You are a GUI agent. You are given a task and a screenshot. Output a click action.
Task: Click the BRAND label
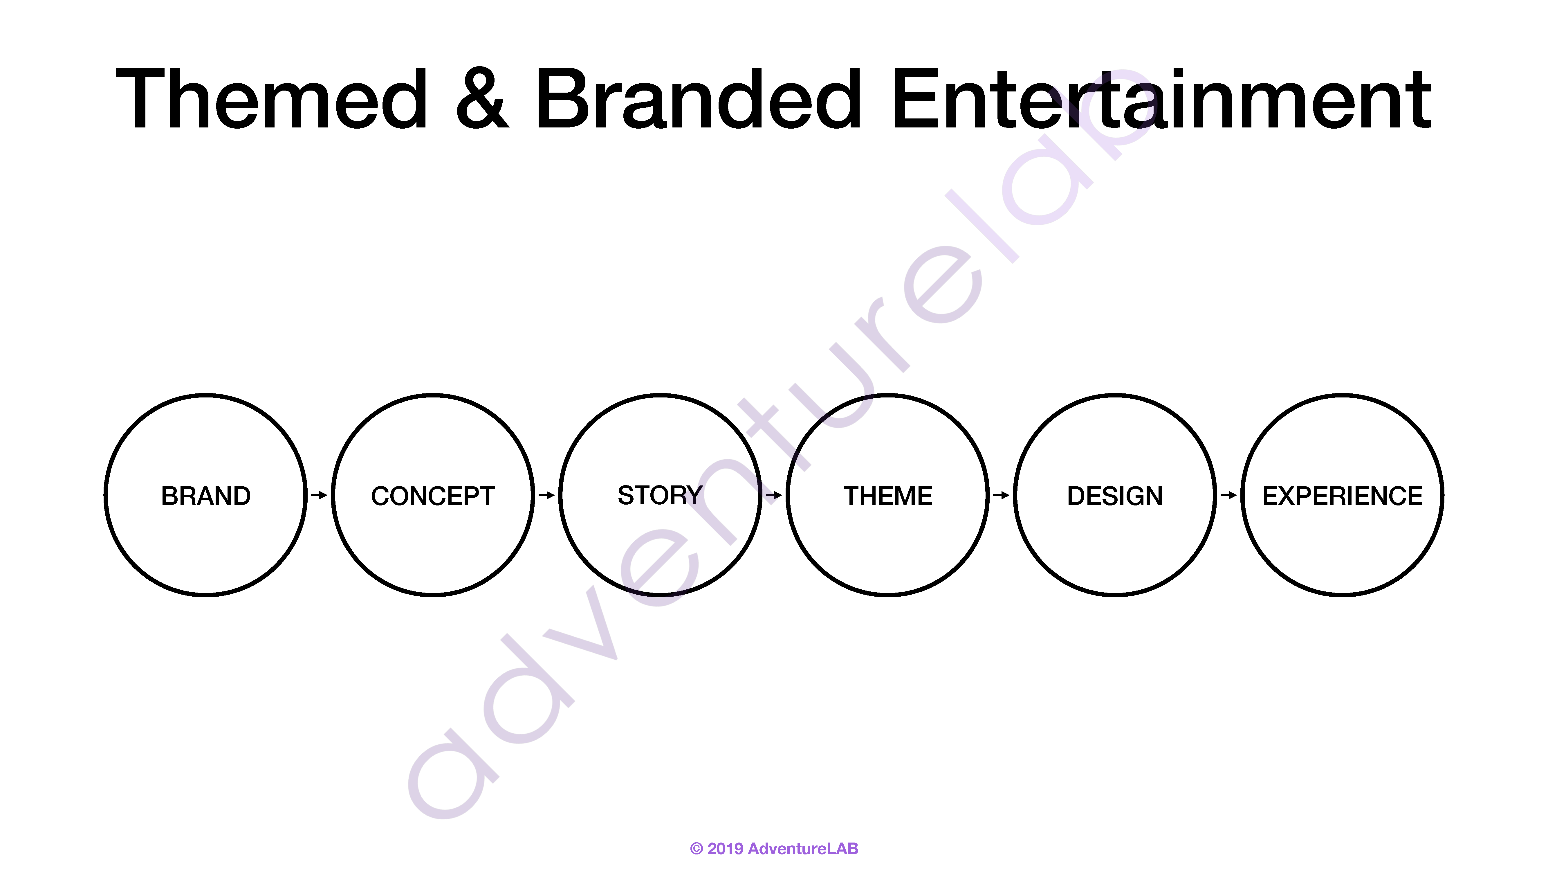click(205, 496)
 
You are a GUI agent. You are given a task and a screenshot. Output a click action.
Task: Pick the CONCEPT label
click(433, 496)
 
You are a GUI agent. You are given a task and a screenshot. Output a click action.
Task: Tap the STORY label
click(660, 495)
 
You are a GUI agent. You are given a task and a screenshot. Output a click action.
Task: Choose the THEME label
click(887, 496)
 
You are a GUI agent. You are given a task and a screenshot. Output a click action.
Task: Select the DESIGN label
click(1115, 496)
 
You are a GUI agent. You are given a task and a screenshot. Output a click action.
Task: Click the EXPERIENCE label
click(1343, 496)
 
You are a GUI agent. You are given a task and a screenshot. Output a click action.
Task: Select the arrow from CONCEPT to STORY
click(546, 495)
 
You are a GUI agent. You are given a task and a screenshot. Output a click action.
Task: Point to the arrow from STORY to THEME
click(774, 495)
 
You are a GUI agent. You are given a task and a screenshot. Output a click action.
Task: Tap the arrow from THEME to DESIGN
click(1001, 495)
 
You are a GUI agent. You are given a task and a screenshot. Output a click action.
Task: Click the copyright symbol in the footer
click(697, 849)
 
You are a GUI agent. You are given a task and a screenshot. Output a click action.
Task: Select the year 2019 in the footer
click(725, 849)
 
